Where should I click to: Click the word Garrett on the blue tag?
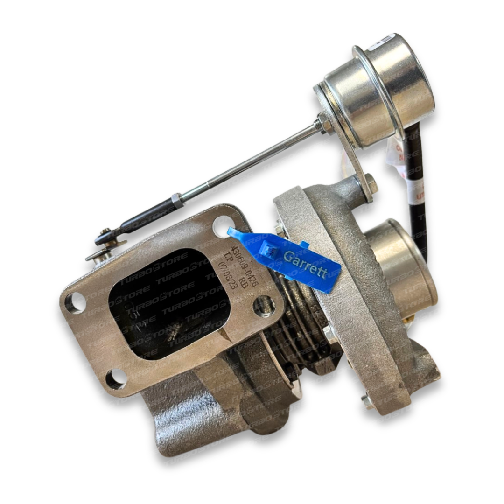click(x=306, y=264)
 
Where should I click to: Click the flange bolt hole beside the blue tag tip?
click(x=223, y=226)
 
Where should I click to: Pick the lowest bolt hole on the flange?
click(x=115, y=378)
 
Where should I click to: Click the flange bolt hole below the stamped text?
click(x=264, y=306)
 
